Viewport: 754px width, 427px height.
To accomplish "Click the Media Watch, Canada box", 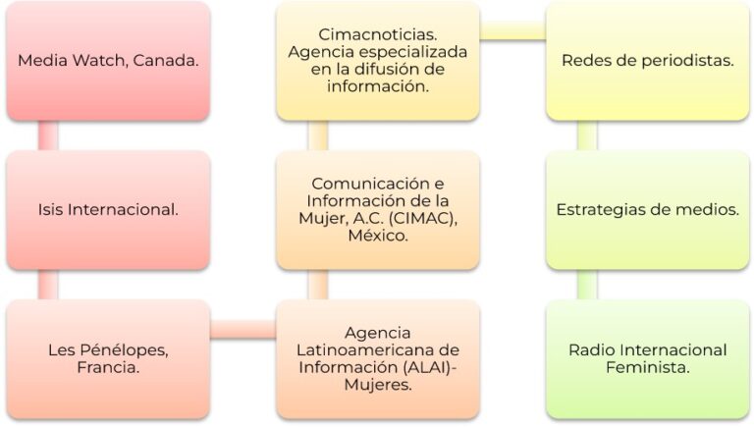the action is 108,61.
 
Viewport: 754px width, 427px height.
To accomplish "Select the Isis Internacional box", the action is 108,210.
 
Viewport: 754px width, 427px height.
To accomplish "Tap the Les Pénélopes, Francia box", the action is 108,359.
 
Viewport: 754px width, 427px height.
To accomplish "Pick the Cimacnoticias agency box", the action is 378,61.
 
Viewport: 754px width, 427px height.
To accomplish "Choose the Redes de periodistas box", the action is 648,61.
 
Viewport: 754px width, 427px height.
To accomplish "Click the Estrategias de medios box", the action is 648,210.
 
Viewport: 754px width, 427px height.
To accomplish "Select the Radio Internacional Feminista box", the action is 648,359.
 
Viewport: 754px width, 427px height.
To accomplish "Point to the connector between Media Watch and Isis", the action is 48,135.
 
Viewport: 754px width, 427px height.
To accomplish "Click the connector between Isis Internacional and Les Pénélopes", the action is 48,285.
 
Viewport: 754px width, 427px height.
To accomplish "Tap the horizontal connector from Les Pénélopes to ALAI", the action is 243,330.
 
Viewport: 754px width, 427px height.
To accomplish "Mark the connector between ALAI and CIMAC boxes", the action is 318,285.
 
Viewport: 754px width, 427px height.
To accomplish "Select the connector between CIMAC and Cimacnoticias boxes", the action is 318,135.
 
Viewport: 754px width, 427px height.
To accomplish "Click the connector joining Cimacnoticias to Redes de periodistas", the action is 513,31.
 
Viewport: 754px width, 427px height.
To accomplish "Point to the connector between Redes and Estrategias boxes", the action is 588,135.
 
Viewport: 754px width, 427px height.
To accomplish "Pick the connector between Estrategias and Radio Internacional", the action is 588,285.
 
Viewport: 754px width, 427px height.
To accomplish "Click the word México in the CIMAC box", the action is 378,236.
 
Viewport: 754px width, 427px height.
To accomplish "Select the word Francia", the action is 108,368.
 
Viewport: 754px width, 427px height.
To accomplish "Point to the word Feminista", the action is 648,368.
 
